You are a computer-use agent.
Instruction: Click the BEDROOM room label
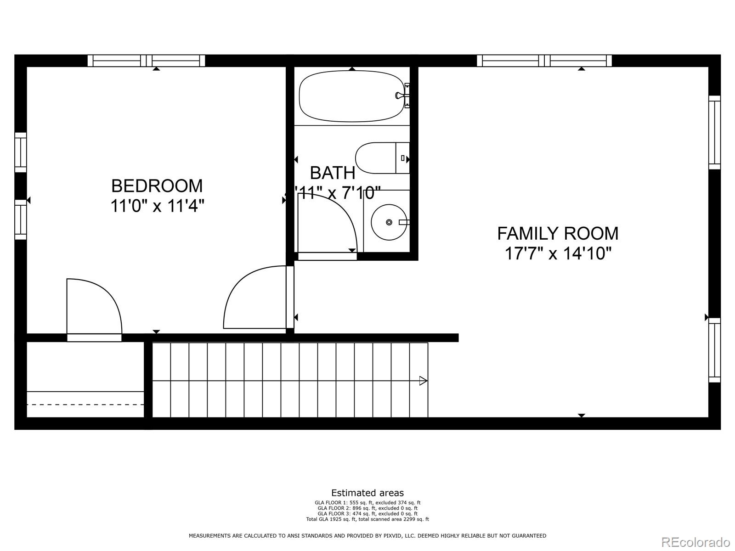click(157, 186)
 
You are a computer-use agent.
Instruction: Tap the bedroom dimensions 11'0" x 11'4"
click(157, 206)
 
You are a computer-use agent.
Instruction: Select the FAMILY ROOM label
click(558, 234)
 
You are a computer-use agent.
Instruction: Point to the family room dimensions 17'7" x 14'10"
click(558, 253)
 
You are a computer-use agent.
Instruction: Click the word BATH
click(333, 173)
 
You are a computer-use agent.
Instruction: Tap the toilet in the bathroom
click(379, 158)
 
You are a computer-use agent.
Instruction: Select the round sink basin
click(389, 222)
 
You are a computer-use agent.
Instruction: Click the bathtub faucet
click(401, 96)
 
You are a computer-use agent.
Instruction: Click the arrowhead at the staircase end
click(423, 381)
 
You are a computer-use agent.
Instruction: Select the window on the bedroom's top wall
click(146, 61)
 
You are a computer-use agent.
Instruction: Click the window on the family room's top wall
click(544, 61)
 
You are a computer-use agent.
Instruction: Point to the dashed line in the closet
click(85, 405)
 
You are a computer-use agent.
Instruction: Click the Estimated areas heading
click(367, 493)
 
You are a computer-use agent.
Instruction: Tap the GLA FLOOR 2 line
click(367, 508)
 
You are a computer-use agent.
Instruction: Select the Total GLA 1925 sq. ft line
click(367, 519)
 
